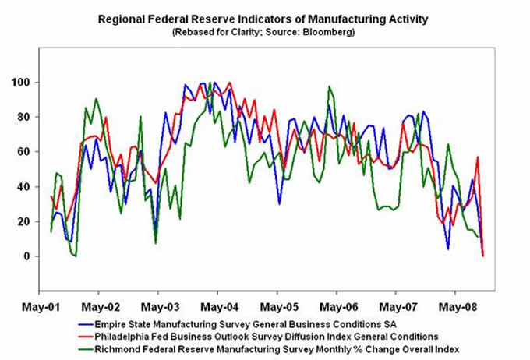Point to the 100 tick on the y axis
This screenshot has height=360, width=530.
[32, 83]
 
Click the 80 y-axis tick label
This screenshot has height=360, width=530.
[34, 118]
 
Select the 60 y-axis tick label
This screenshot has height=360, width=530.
[34, 152]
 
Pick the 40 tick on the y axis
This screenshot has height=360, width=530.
[34, 187]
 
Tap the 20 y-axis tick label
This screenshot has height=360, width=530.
[34, 222]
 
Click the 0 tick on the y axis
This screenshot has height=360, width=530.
[37, 256]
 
